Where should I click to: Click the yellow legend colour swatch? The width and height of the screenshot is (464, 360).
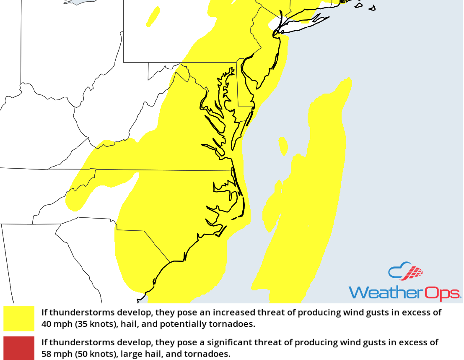coord(19,318)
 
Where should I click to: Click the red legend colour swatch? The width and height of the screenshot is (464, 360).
coord(19,348)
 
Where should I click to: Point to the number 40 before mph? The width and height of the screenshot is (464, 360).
coord(47,324)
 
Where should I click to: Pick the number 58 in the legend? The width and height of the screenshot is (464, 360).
coord(47,354)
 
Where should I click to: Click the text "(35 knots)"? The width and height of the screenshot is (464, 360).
coord(90,324)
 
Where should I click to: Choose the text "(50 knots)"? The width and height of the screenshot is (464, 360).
coord(90,354)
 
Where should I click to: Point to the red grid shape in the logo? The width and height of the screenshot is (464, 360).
coord(414,273)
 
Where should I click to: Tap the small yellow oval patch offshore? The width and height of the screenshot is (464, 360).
coord(283,145)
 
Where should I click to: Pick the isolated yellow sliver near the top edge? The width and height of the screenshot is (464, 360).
coord(153,17)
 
